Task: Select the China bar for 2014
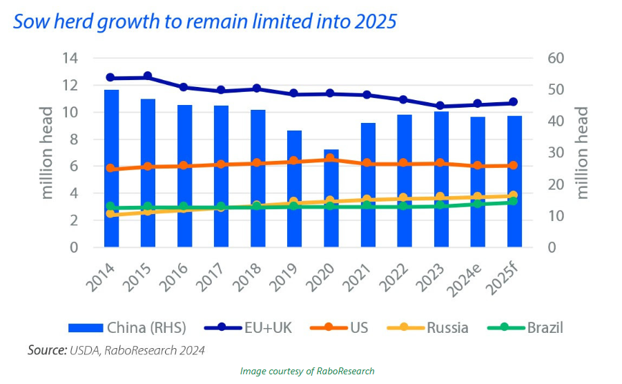[x=111, y=169]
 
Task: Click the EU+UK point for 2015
[x=148, y=77]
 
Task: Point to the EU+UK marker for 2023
[x=440, y=106]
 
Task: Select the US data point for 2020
[x=331, y=158]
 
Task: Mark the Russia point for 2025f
[x=514, y=195]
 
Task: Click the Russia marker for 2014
[x=111, y=213]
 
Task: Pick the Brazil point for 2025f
[x=514, y=201]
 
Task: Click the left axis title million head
[x=47, y=153]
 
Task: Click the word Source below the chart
[x=47, y=350]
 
